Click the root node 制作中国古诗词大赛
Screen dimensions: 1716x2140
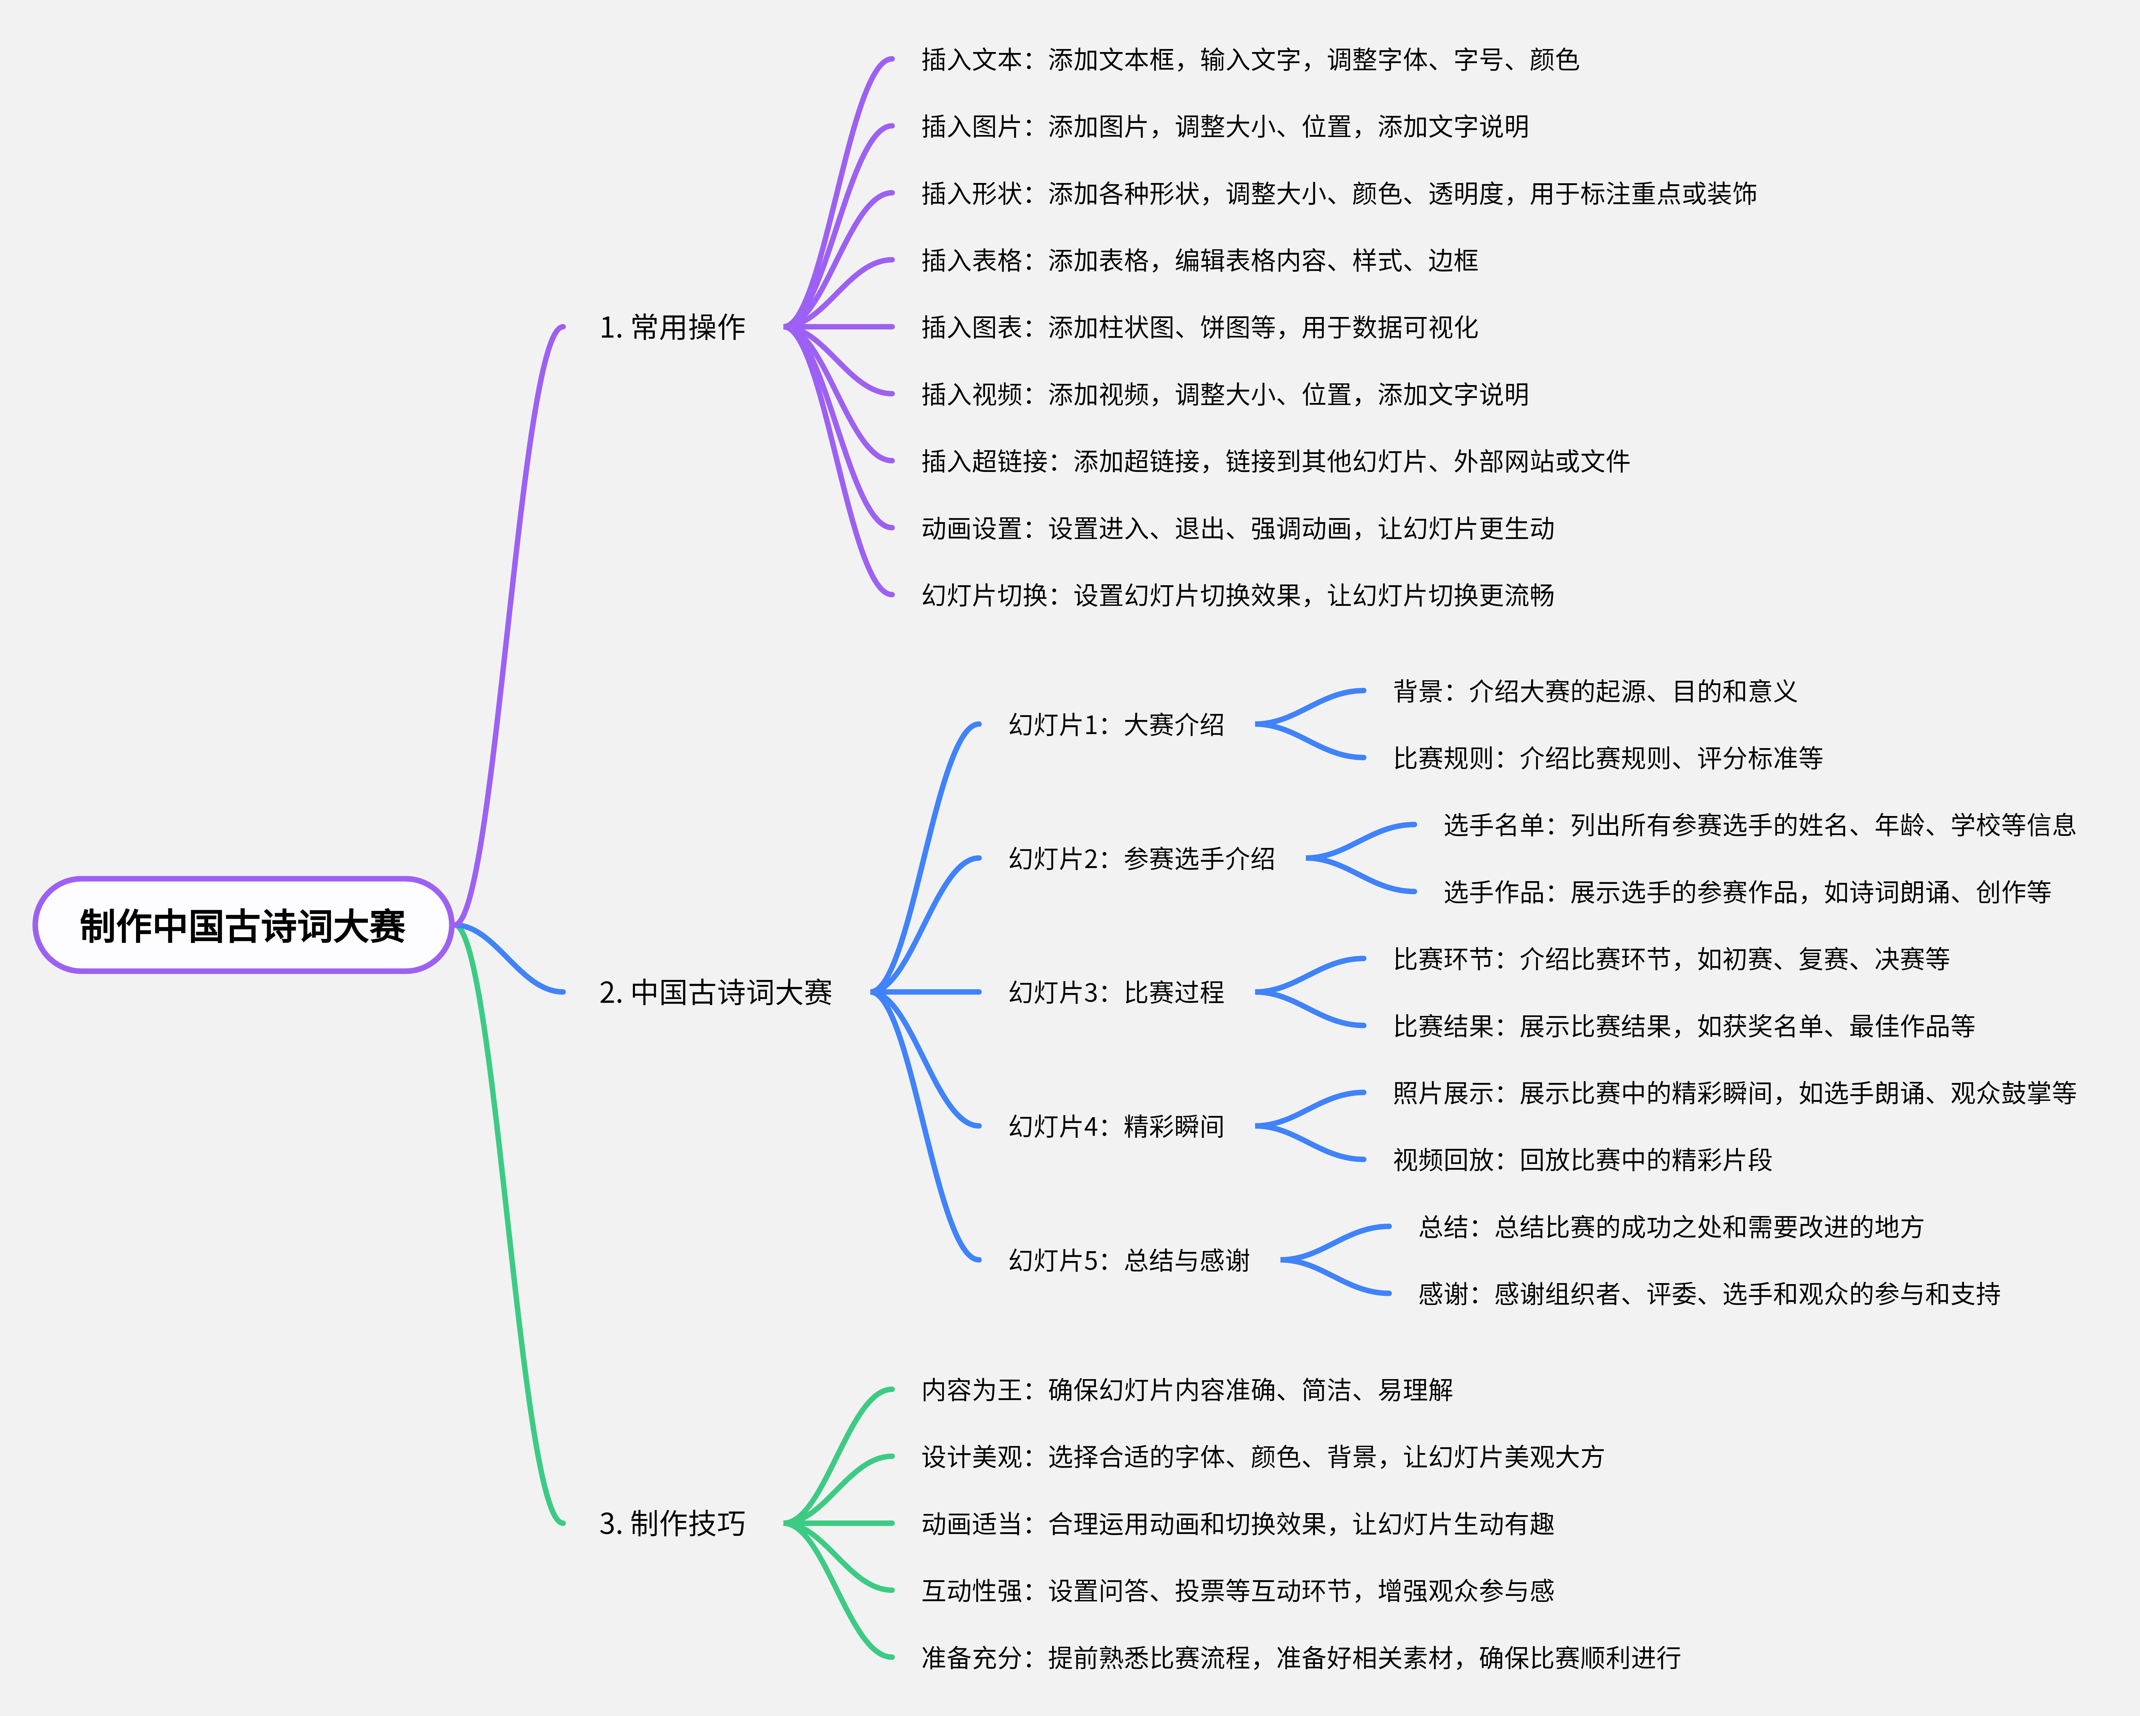coord(243,925)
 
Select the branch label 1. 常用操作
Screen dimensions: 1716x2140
coord(672,328)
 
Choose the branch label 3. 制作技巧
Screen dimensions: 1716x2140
coord(672,1523)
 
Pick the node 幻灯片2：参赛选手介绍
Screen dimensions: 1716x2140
coord(1141,859)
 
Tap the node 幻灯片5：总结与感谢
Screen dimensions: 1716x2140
coord(1129,1260)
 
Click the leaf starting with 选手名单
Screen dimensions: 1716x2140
coord(1759,825)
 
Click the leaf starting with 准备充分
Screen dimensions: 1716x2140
coord(1300,1657)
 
